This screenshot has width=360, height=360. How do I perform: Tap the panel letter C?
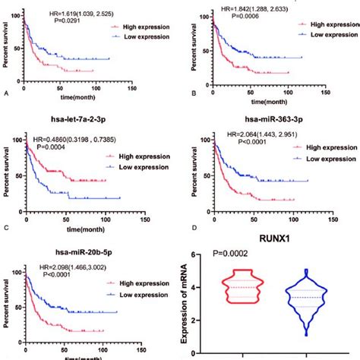[5, 228]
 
